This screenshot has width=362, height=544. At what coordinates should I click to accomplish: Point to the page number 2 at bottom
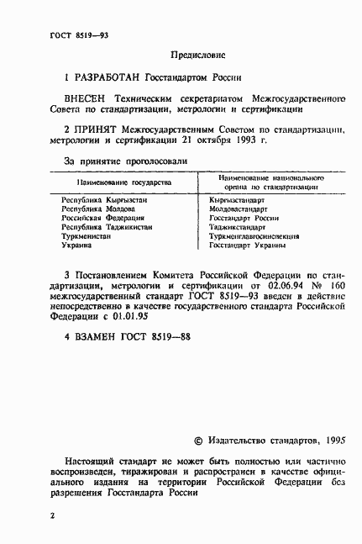(x=52, y=511)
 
